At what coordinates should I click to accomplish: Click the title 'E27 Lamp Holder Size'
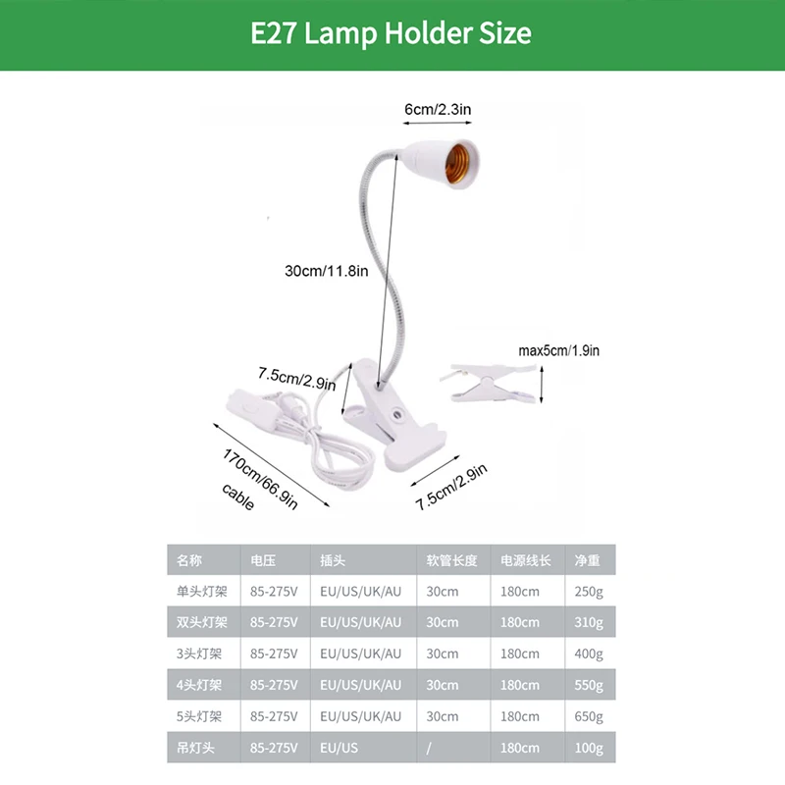tap(392, 34)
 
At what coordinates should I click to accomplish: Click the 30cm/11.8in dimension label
tap(327, 271)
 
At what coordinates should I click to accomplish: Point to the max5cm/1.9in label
tap(559, 350)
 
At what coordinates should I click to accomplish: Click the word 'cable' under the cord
tap(237, 497)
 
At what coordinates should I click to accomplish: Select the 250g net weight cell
tap(589, 592)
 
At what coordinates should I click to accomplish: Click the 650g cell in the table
tap(589, 716)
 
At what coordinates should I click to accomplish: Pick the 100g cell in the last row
tap(589, 748)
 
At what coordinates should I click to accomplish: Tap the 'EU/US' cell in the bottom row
tap(340, 748)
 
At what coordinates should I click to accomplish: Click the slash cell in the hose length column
tap(429, 748)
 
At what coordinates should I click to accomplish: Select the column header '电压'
tap(262, 560)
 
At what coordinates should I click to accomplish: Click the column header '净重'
tap(587, 560)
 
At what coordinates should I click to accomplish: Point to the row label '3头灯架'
tap(199, 654)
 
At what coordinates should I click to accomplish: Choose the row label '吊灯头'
tap(193, 748)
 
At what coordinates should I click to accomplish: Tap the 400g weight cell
tap(589, 654)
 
